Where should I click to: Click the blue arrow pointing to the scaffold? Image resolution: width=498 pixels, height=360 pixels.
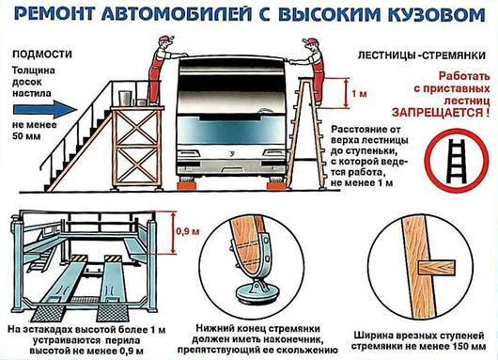click(45, 110)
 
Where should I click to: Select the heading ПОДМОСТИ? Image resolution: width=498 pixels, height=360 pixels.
click(42, 55)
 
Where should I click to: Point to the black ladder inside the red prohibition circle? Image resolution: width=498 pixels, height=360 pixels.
click(457, 162)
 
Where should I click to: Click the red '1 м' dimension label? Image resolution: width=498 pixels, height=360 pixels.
click(359, 94)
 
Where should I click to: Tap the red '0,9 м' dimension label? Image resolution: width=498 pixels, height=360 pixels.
click(188, 231)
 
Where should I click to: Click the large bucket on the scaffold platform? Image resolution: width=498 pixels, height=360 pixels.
click(126, 98)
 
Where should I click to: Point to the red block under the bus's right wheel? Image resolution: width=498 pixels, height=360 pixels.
click(278, 186)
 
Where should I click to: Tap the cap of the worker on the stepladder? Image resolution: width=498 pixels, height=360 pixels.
click(310, 41)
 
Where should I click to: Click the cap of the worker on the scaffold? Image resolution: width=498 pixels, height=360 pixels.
click(166, 39)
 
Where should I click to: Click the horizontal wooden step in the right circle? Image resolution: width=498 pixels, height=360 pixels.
click(436, 267)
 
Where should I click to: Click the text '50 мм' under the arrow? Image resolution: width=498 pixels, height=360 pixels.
click(26, 136)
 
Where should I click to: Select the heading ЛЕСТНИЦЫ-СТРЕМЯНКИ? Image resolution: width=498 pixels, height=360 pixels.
click(422, 55)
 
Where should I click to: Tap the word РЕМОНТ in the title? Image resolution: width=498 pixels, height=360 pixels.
click(55, 15)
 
